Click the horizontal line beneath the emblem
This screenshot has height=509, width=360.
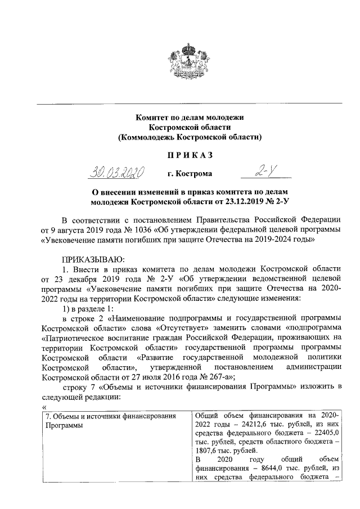189,103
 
